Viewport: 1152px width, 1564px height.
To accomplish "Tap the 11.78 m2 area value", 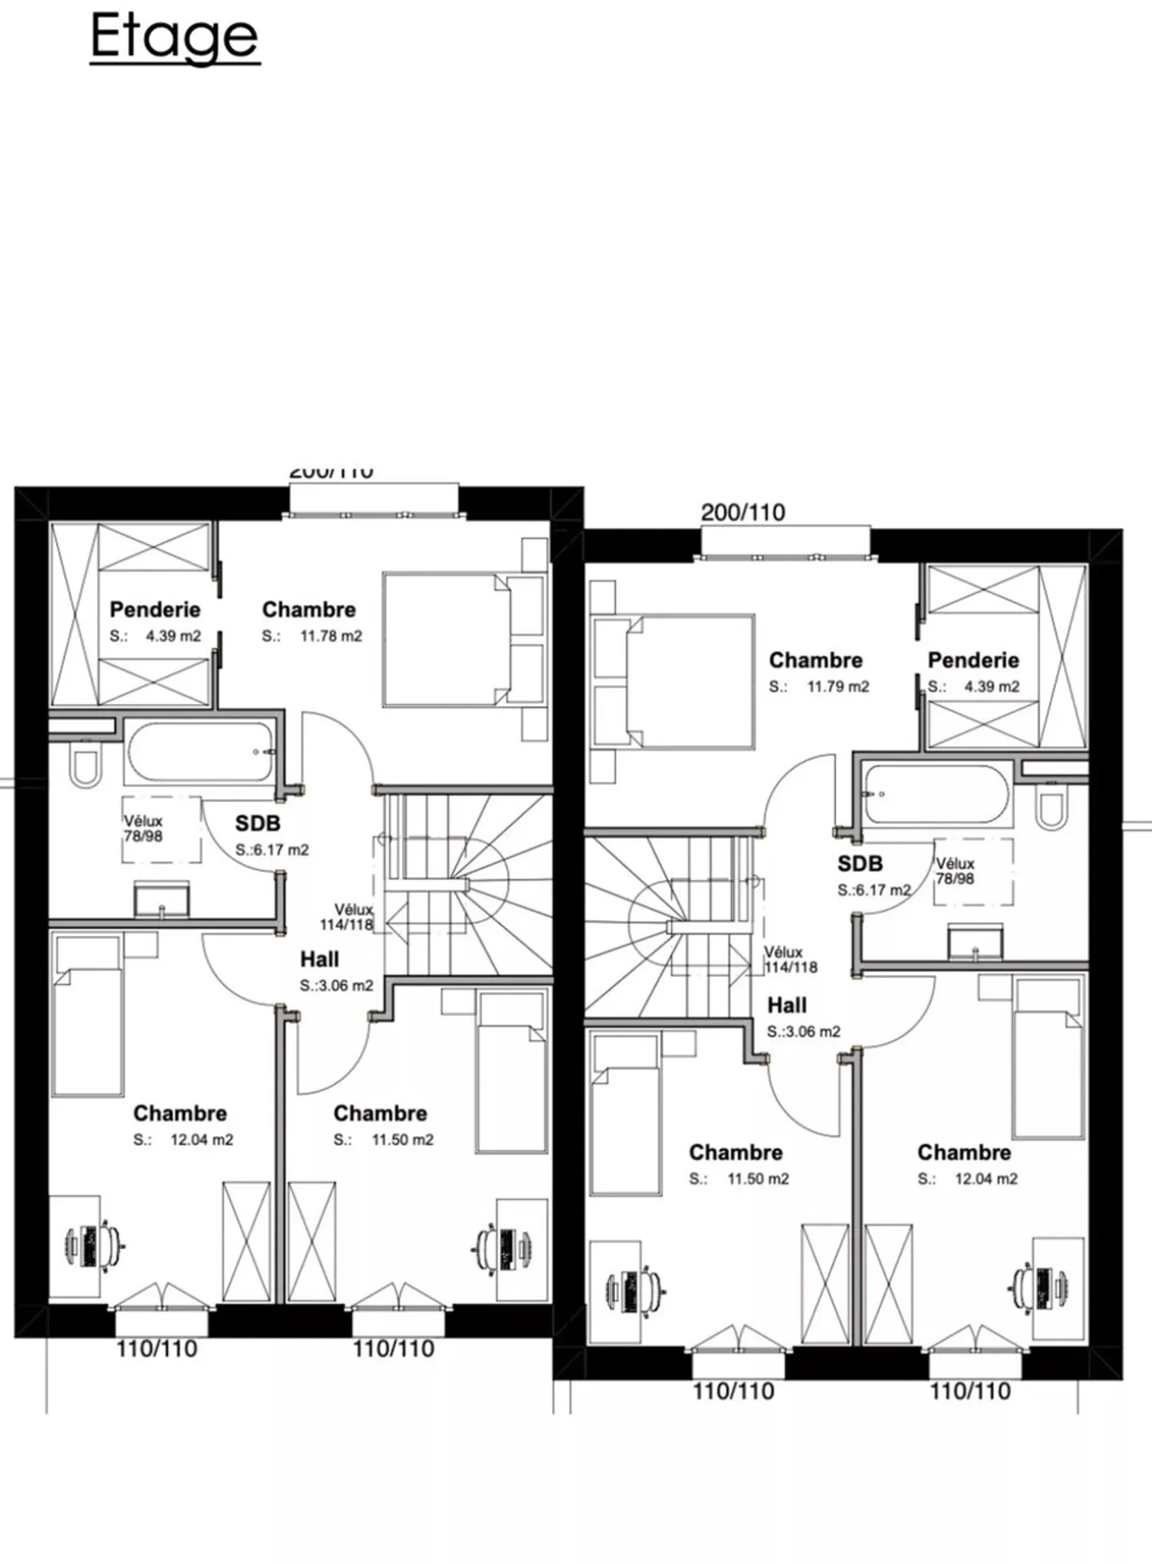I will pos(330,636).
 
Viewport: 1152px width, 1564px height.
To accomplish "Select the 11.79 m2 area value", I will pos(838,686).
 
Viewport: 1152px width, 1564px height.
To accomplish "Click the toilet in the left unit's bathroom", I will pos(84,765).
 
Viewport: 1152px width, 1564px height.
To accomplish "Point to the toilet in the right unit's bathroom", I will pos(1050,808).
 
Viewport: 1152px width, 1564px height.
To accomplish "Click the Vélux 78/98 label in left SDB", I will pos(143,828).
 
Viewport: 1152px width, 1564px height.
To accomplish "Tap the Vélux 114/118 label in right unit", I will pos(790,959).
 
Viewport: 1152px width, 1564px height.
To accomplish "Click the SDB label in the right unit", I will pos(860,863).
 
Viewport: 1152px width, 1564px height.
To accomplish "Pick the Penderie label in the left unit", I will pos(154,610).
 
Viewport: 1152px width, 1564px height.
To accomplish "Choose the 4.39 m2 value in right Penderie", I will pos(991,686).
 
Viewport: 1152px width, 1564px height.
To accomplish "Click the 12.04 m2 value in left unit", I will pos(202,1139).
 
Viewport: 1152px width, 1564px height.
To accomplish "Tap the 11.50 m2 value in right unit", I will pos(758,1178).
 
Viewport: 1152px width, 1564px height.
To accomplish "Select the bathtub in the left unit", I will pos(200,752).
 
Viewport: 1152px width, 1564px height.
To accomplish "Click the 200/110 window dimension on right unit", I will pos(742,512).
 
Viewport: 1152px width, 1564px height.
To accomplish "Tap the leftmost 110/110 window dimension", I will pos(157,1348).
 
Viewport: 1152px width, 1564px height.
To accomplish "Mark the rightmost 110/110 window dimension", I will pos(970,1390).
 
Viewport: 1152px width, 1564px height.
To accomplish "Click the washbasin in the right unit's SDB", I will pos(974,942).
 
